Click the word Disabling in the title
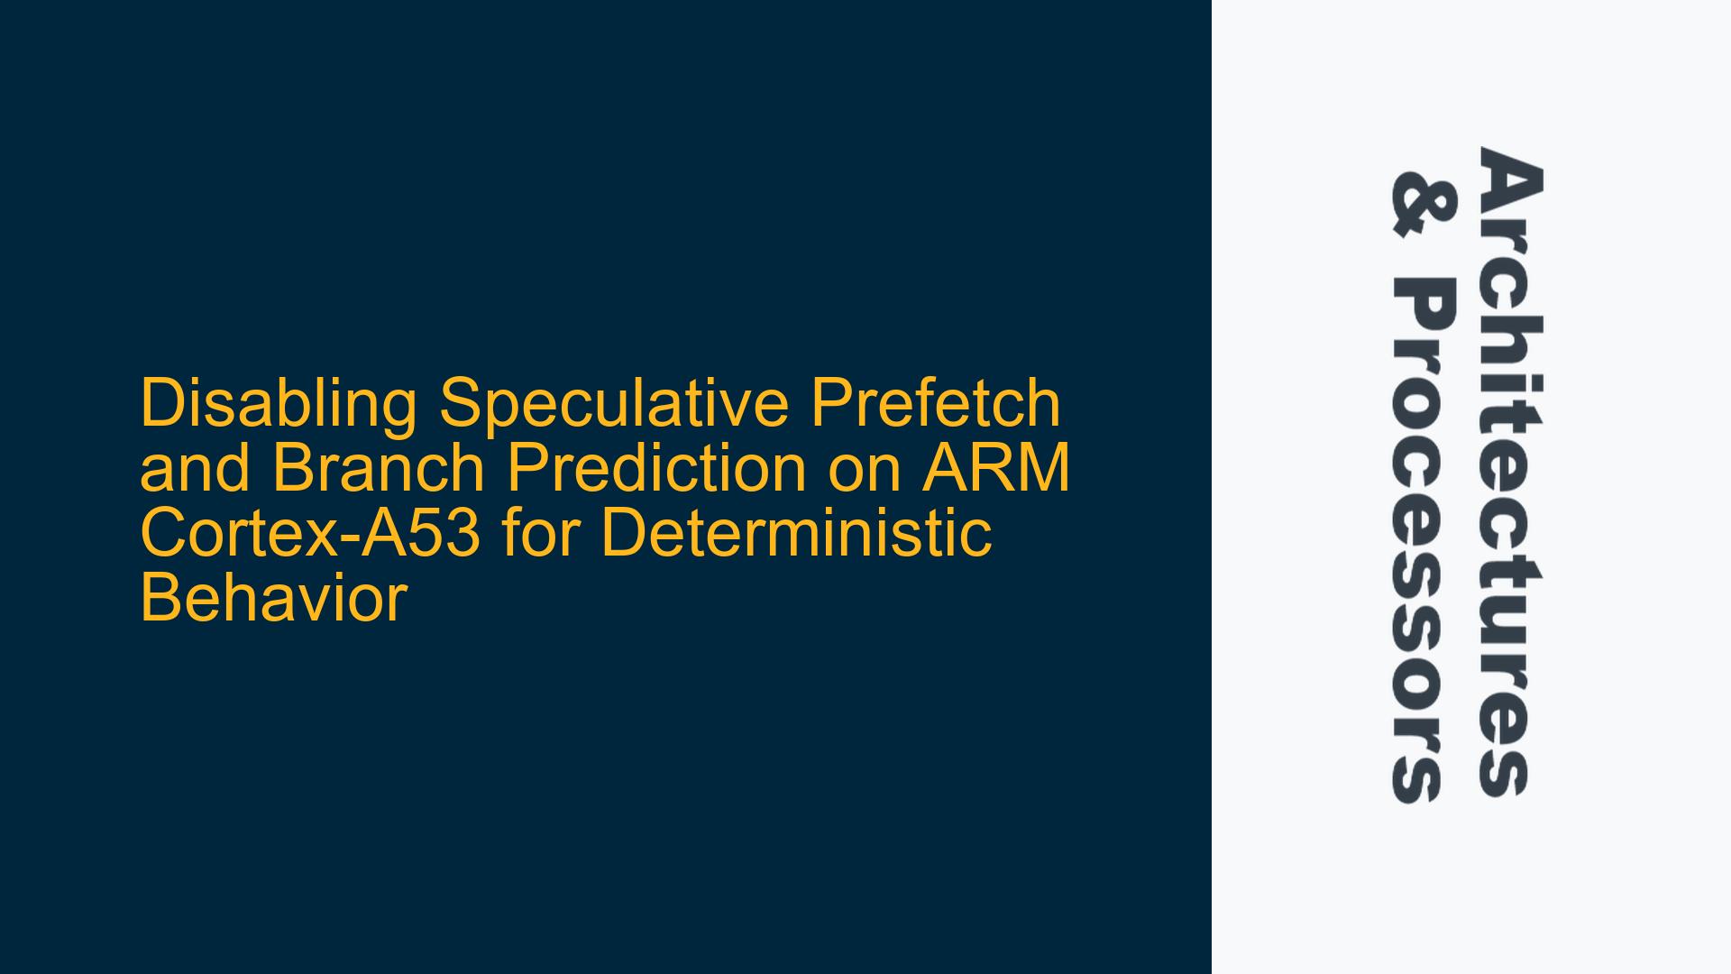279,406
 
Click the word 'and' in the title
196,468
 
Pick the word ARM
994,468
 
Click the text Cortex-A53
311,533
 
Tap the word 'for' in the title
541,533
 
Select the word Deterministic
796,533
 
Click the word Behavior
274,598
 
